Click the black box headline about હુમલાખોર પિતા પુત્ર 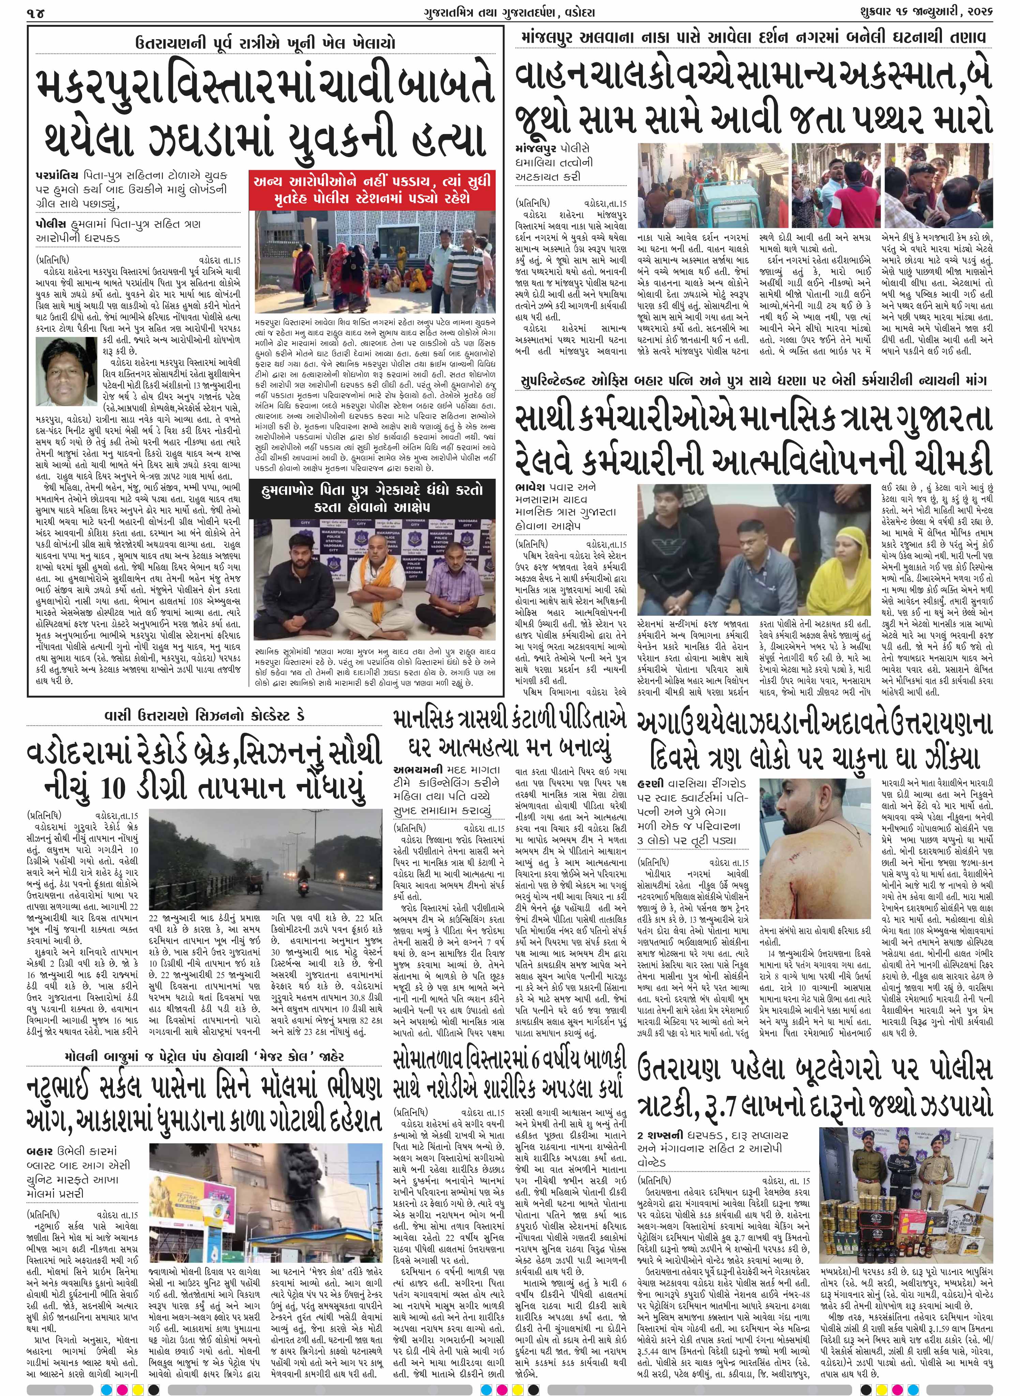tap(373, 497)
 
